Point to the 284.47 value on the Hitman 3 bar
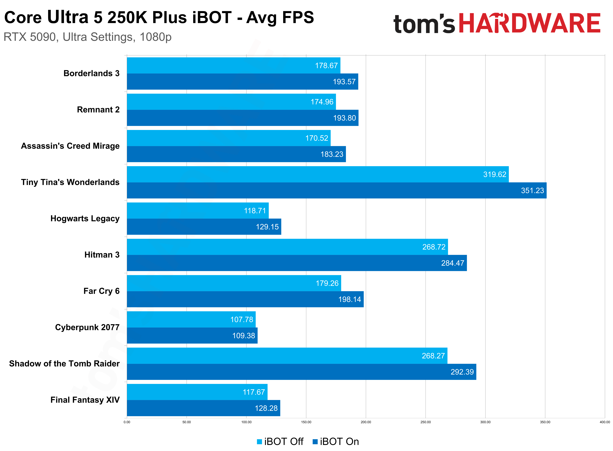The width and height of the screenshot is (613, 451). point(452,263)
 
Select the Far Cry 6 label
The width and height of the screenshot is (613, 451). point(101,291)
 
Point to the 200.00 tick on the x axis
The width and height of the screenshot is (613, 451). point(366,422)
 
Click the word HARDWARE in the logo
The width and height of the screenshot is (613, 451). point(529,24)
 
